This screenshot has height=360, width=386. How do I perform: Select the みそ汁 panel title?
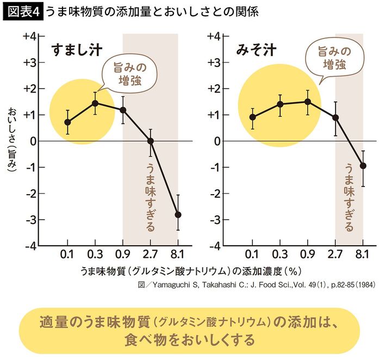tap(256, 50)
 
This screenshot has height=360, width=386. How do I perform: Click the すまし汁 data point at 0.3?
tap(95, 103)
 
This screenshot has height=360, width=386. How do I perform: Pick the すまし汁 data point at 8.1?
tap(178, 214)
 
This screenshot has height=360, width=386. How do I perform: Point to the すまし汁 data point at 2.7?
tap(151, 141)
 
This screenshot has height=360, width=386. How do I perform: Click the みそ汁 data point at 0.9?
tap(308, 102)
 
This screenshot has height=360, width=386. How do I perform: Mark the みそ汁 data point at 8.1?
tap(363, 166)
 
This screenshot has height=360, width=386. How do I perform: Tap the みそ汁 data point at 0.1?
tap(252, 117)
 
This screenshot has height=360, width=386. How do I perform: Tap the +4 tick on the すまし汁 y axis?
tap(30, 36)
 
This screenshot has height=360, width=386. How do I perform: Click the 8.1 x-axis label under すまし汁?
tap(178, 254)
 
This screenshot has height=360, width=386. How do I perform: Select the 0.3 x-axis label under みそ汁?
tap(280, 254)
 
